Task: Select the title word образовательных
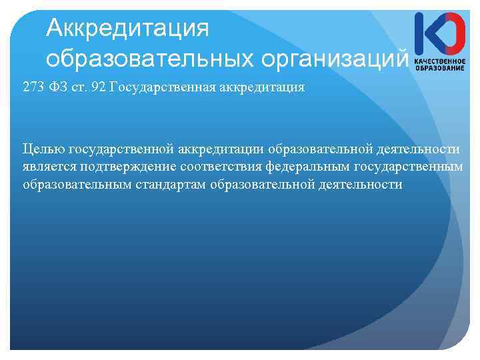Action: pos(149,59)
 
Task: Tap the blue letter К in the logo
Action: pos(425,34)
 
